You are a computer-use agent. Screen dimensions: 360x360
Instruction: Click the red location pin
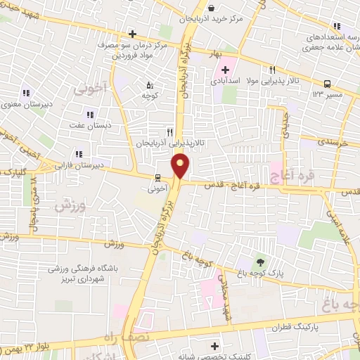pos(181,167)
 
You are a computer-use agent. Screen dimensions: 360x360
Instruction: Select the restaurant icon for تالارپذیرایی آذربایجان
pos(169,131)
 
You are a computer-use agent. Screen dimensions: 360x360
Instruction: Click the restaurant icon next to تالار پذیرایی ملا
pos(271,70)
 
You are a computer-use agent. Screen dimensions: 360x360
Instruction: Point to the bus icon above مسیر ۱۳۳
pos(328,84)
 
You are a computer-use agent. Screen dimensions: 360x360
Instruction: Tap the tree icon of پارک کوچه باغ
pos(262,262)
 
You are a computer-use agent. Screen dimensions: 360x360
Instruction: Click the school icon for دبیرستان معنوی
pos(26,93)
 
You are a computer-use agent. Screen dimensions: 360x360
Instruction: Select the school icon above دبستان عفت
pos(89,115)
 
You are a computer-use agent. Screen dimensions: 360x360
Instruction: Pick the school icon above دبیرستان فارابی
pos(79,154)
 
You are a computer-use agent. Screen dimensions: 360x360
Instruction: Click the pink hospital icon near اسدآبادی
pos(225,70)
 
